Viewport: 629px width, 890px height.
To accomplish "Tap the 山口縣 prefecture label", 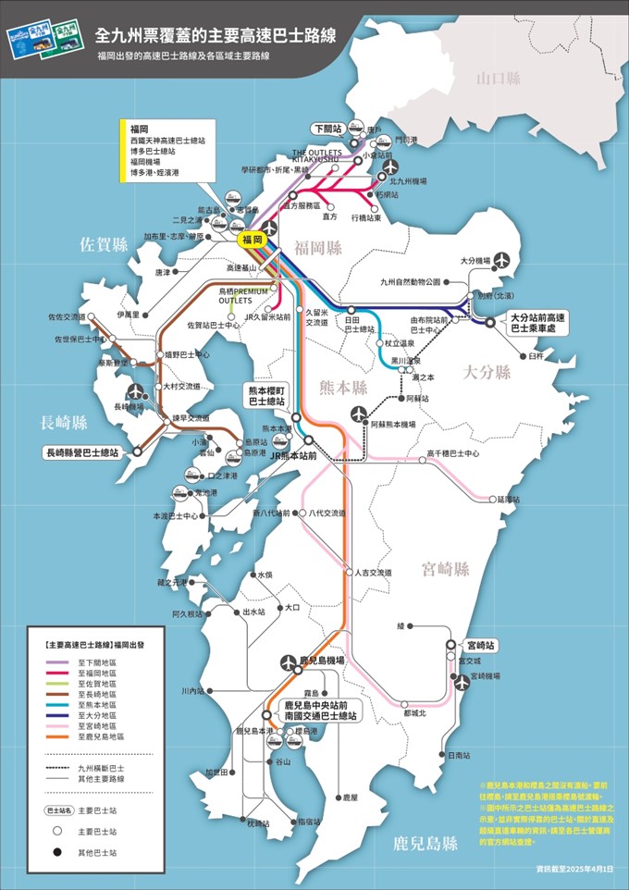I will (499, 79).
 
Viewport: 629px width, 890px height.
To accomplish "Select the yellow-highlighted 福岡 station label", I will (252, 240).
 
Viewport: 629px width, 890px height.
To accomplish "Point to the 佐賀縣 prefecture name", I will (104, 244).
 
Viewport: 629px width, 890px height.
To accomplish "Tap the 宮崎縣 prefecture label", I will (445, 568).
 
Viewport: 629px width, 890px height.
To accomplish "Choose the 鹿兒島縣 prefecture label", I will (425, 843).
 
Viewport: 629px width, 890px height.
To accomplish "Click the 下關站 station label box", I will (326, 129).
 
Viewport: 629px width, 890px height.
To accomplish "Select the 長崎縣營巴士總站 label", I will (82, 453).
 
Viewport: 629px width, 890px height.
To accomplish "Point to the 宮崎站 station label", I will (481, 644).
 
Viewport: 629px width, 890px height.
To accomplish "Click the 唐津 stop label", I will (163, 273).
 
